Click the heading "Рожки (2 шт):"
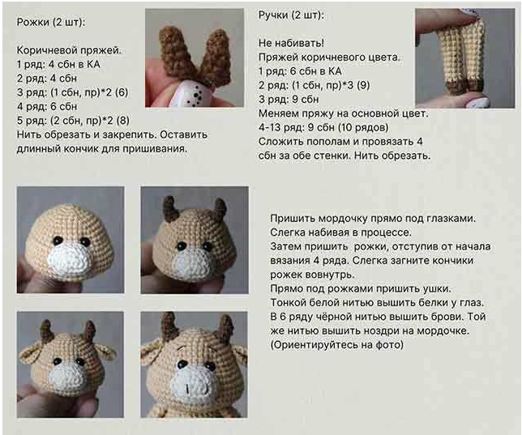[x=50, y=22]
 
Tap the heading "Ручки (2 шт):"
[x=291, y=15]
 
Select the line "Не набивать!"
[x=291, y=43]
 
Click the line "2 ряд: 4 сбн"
[x=47, y=79]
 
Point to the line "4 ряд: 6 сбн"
[x=47, y=106]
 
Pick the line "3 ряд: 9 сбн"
[x=289, y=99]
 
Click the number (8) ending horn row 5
[x=122, y=121]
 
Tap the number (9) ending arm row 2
[x=363, y=85]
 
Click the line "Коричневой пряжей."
[x=69, y=50]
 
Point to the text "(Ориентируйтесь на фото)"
[x=337, y=345]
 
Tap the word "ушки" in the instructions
[x=436, y=288]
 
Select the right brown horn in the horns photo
[x=216, y=57]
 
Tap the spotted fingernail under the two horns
[x=192, y=95]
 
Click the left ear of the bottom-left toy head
[x=31, y=353]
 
